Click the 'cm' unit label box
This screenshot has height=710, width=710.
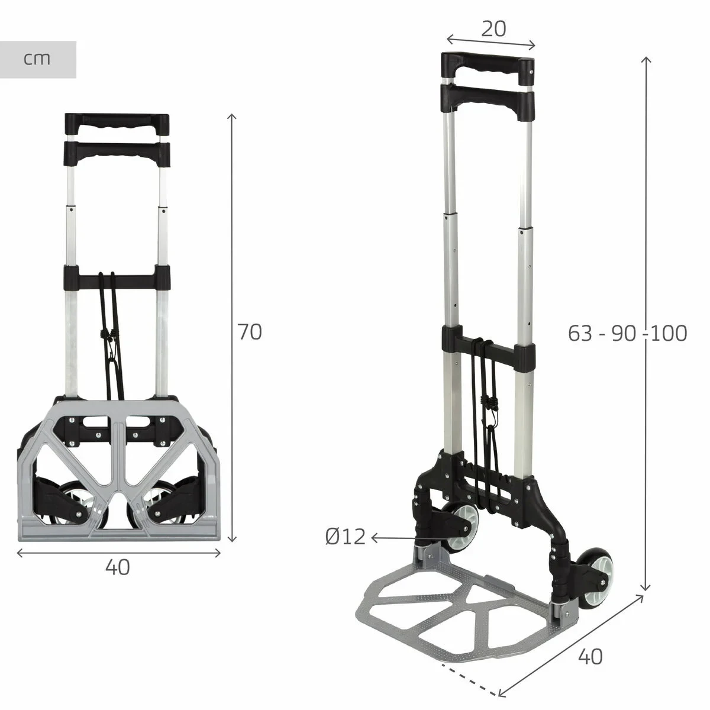click(x=38, y=59)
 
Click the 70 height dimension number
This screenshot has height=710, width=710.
click(x=250, y=332)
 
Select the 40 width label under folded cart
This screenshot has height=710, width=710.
click(x=118, y=567)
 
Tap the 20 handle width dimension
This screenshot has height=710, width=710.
click(x=493, y=28)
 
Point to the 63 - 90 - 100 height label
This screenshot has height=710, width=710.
click(x=627, y=334)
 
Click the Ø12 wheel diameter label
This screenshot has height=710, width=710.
click(x=346, y=537)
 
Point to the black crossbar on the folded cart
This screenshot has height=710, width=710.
click(x=117, y=276)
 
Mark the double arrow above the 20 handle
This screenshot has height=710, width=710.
click(x=490, y=42)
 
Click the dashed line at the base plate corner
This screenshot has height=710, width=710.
click(x=471, y=680)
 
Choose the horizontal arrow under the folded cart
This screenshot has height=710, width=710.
click(x=118, y=553)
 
